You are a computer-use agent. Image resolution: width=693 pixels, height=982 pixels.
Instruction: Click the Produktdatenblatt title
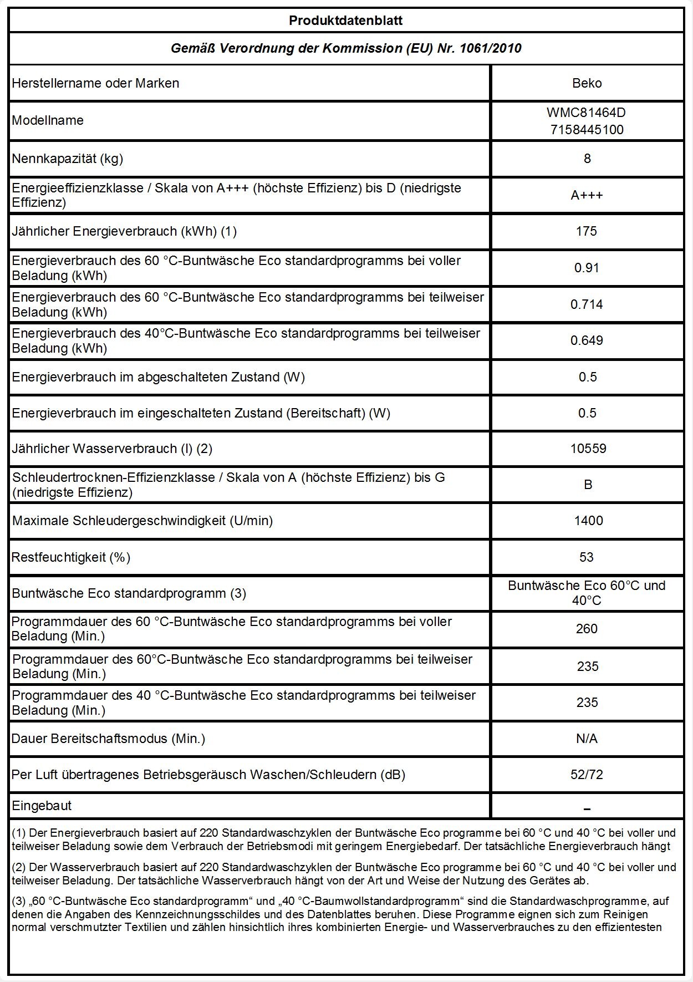[345, 21]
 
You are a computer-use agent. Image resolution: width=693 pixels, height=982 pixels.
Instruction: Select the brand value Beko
[587, 83]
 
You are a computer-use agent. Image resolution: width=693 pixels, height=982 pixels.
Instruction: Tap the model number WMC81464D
[586, 113]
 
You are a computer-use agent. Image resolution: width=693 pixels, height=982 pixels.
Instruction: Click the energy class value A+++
[587, 195]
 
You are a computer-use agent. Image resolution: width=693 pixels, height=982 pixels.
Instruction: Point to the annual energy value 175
[587, 231]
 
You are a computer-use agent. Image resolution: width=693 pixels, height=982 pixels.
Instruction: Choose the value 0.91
[587, 268]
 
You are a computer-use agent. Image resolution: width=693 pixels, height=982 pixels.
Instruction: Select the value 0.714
[587, 304]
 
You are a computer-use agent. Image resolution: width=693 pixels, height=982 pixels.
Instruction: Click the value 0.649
[587, 340]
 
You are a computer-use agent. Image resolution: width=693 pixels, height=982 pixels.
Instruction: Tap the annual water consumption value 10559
[588, 449]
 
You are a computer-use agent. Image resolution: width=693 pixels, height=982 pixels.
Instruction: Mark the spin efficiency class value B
[588, 485]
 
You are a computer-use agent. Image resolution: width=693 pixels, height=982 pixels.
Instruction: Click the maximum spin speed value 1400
[588, 521]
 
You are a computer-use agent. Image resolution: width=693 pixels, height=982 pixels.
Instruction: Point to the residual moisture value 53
[587, 557]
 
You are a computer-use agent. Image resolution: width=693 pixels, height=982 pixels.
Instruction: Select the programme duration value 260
[587, 629]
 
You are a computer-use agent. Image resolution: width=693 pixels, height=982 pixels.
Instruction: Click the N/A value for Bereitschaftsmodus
[587, 739]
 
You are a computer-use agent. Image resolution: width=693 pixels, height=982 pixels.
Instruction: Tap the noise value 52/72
[587, 775]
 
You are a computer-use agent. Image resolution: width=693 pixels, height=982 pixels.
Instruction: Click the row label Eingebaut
[42, 806]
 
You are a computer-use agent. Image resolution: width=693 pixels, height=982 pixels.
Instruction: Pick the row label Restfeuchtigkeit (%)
[71, 557]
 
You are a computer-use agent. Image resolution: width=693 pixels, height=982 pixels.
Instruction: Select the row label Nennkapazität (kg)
[68, 159]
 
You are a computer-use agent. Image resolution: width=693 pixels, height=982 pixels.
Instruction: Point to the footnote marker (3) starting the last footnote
[18, 902]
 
